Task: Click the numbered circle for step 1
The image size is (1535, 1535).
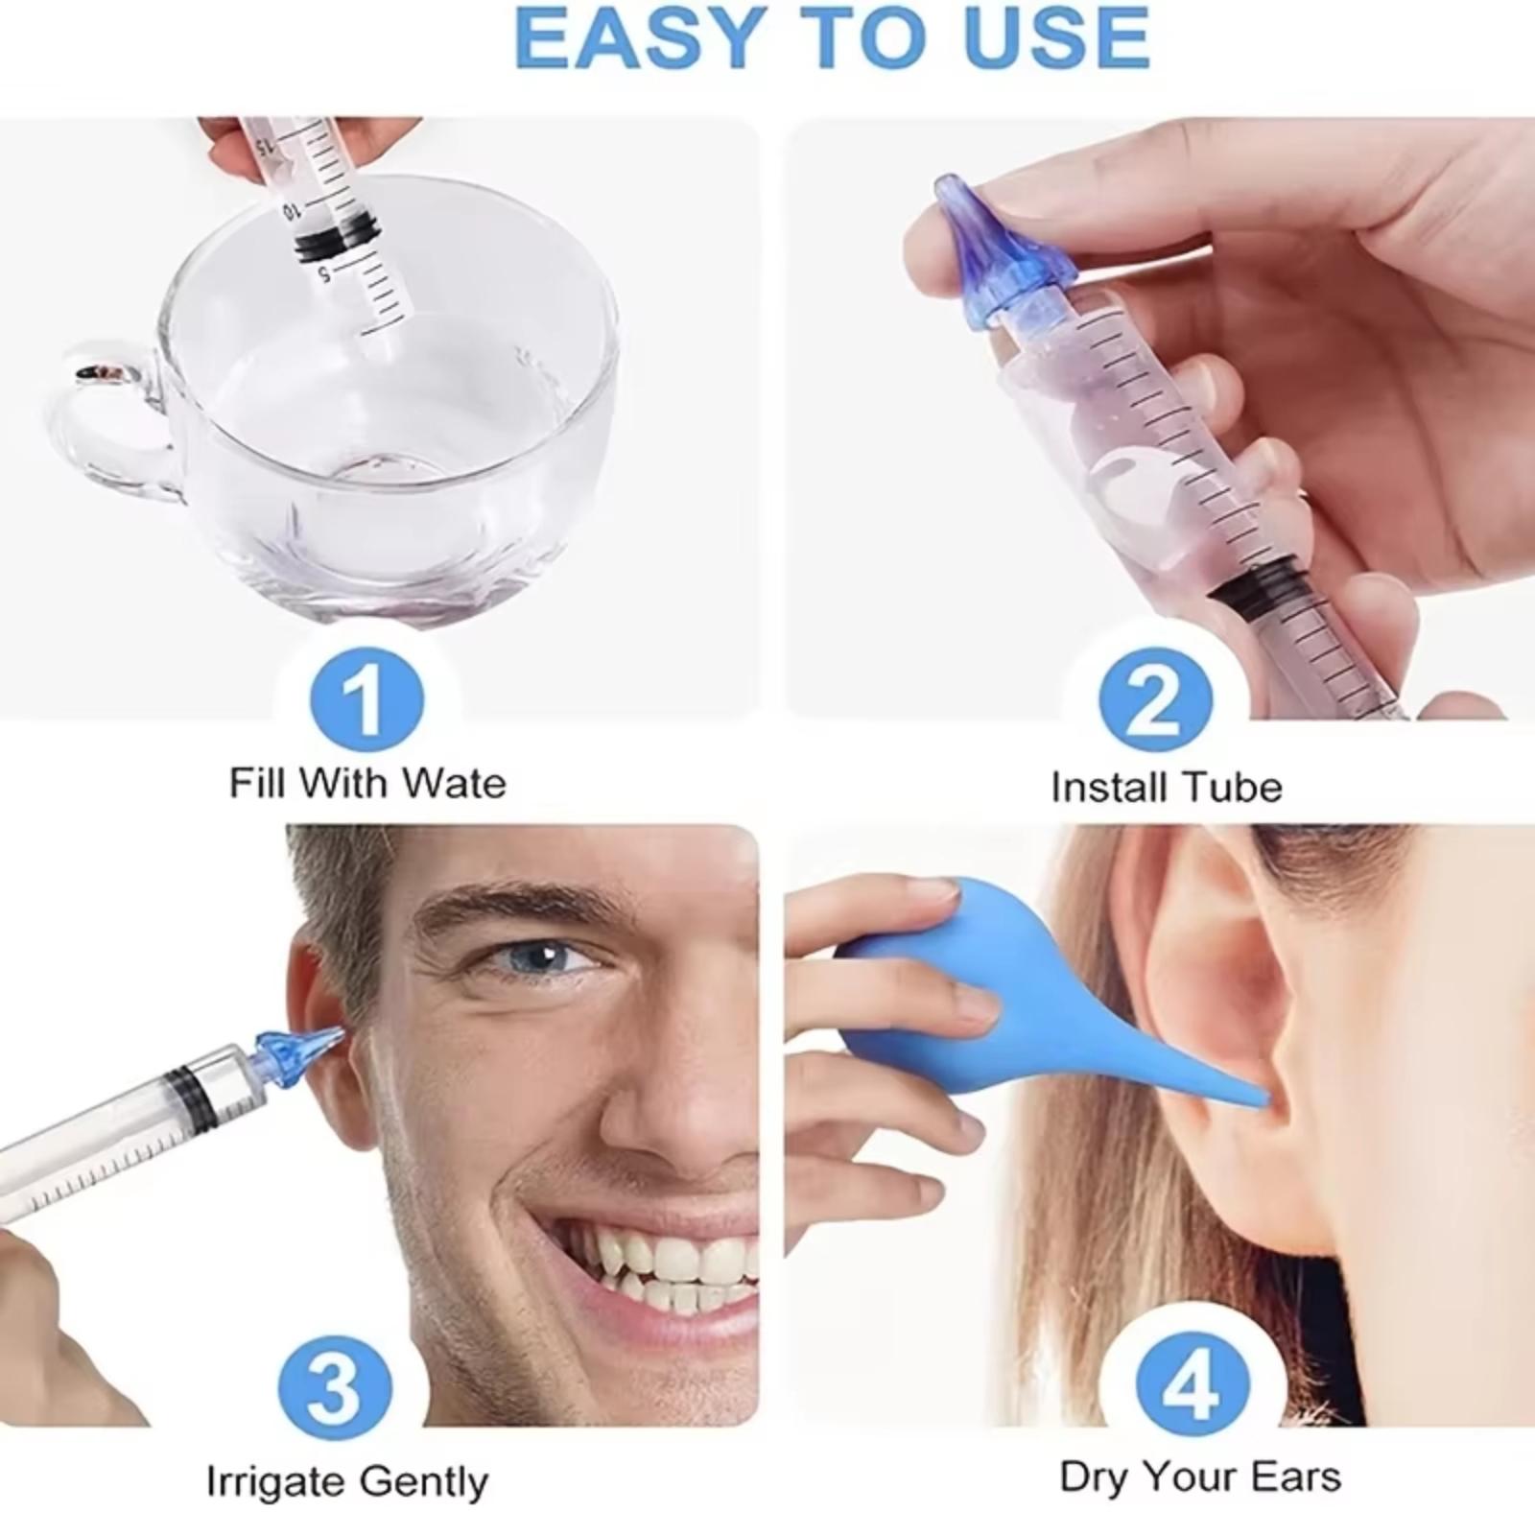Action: tap(366, 700)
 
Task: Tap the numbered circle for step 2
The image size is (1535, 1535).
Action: tap(1155, 700)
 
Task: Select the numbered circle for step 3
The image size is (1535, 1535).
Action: tap(334, 1385)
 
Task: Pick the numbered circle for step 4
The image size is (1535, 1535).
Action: tap(1193, 1385)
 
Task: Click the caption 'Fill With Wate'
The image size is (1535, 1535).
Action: tap(367, 783)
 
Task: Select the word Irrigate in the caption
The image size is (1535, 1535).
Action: tap(275, 1483)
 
